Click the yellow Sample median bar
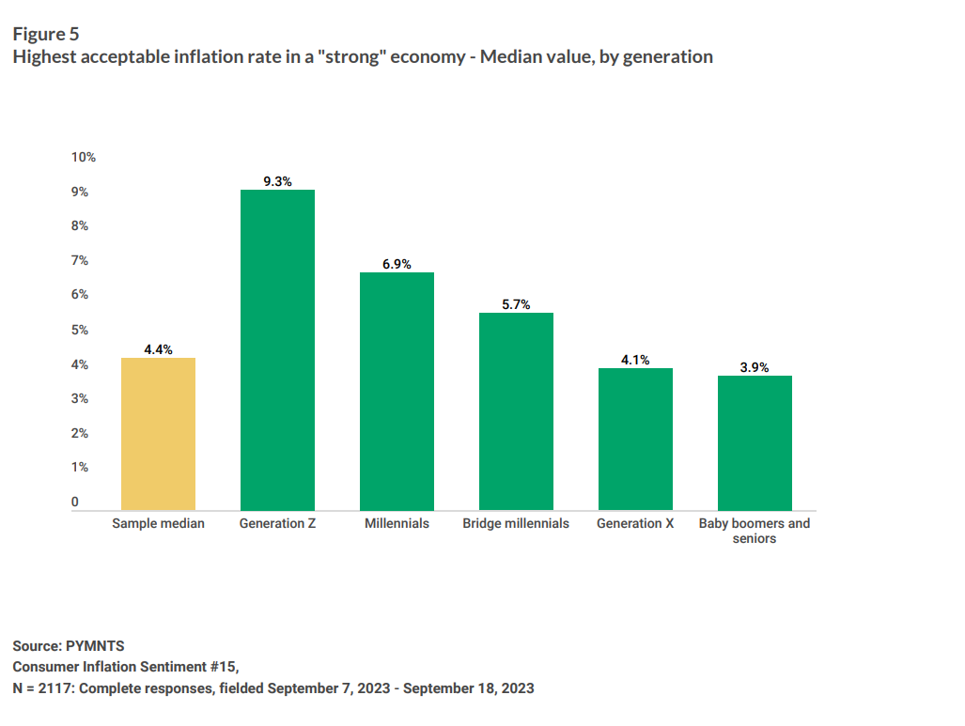158,434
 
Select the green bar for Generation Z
277,350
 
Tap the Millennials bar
397,392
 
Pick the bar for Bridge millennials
517,411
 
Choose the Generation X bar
636,440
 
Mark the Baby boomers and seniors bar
755,443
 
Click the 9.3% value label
277,181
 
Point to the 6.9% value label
397,264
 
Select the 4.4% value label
158,349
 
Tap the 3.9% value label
755,367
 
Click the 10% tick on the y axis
83,157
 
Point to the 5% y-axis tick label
79,330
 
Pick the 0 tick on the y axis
74,502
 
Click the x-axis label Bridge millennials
516,523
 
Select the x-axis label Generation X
635,523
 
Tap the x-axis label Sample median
158,523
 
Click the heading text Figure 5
46,34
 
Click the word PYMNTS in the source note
95,646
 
